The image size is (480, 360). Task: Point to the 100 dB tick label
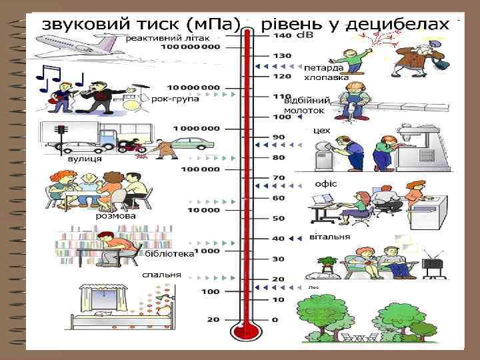(x=281, y=117)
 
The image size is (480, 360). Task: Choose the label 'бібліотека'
(x=171, y=254)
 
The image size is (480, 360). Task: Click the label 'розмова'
(x=115, y=216)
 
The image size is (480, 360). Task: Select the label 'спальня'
(x=161, y=275)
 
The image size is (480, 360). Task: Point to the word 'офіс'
(x=326, y=183)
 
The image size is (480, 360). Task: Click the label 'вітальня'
(x=330, y=237)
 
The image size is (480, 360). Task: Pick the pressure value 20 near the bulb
(x=213, y=321)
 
